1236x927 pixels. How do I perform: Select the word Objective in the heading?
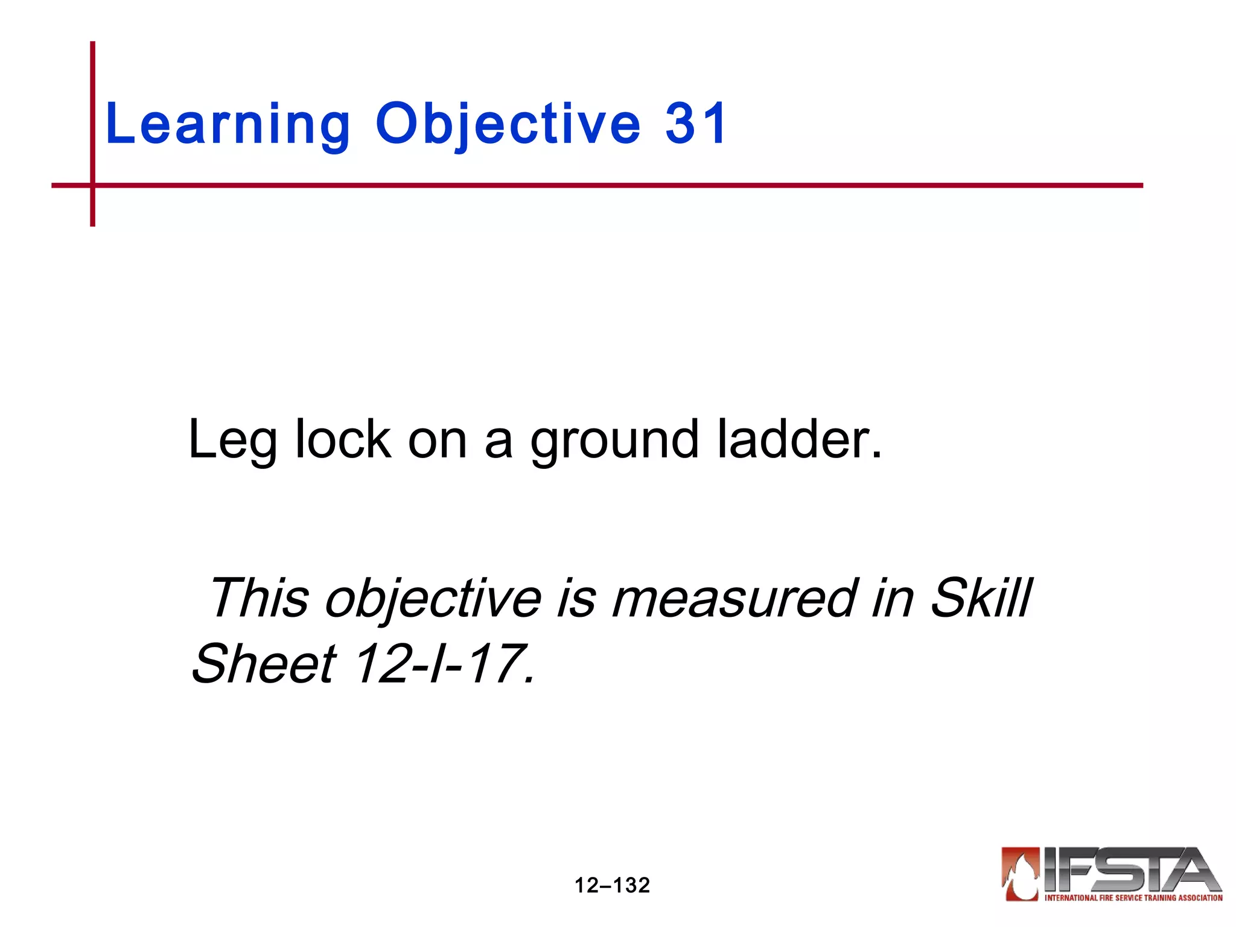[x=508, y=124]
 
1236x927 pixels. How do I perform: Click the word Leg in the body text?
[x=232, y=440]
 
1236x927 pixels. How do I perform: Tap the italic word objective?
[x=433, y=599]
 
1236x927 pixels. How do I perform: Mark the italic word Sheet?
[x=264, y=663]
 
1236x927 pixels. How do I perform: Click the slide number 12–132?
[x=612, y=885]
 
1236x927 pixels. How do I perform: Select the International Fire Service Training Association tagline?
[x=1133, y=898]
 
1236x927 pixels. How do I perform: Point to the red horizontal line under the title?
[x=604, y=185]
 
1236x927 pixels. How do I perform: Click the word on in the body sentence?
[x=437, y=440]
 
